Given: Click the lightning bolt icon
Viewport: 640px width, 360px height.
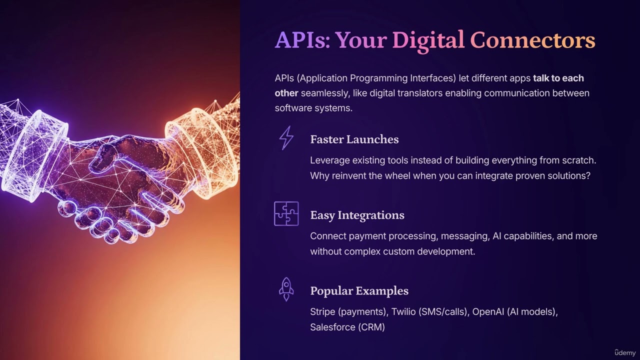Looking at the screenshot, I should tap(286, 138).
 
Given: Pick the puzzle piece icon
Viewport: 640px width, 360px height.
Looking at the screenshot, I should tap(286, 213).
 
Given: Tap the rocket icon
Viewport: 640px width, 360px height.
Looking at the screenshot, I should tap(286, 289).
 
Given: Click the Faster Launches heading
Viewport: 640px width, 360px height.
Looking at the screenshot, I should tap(354, 139).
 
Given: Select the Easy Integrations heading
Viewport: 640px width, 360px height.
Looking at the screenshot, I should tap(357, 215).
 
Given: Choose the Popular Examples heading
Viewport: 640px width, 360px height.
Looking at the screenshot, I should tap(359, 291).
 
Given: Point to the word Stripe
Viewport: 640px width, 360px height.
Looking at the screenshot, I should tap(322, 312).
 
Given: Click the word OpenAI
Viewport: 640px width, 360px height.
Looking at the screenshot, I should tap(488, 312).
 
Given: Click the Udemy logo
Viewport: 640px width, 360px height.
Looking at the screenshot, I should tap(625, 352).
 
